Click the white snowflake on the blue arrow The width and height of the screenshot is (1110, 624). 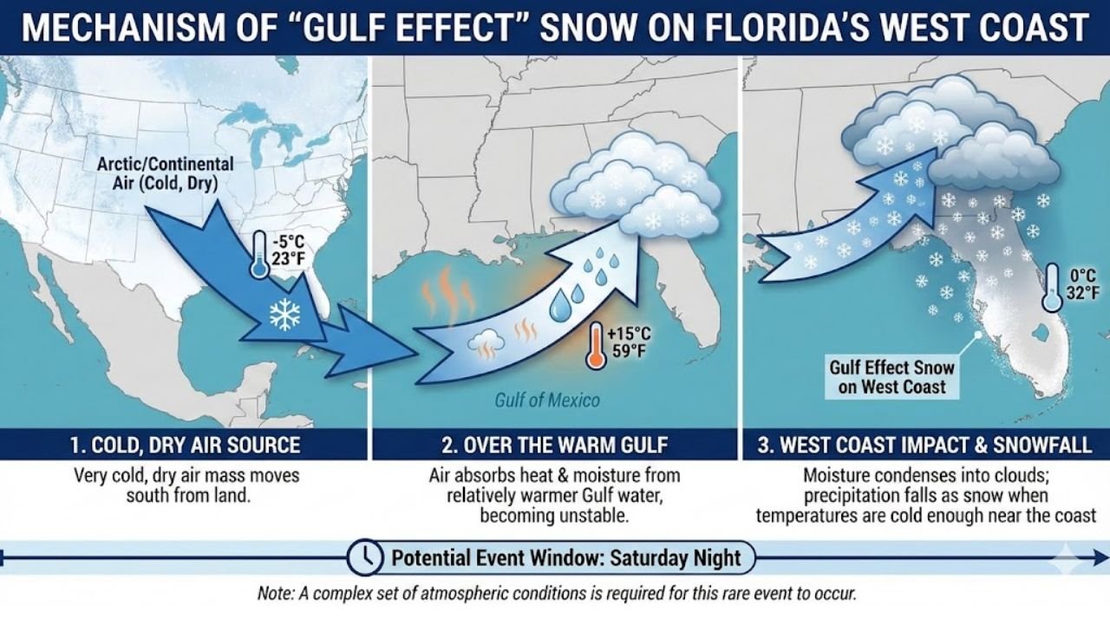[284, 315]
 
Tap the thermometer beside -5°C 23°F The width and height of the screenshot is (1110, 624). [259, 255]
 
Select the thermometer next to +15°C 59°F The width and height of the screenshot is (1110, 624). [595, 346]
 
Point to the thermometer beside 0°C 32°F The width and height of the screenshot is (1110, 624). [1052, 288]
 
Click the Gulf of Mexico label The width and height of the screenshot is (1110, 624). [546, 400]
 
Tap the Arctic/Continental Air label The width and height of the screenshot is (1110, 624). [165, 172]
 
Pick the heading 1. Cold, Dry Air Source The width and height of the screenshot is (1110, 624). [186, 445]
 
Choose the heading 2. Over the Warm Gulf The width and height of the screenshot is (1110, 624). [555, 445]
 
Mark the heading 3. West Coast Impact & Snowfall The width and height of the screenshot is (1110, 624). [924, 445]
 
